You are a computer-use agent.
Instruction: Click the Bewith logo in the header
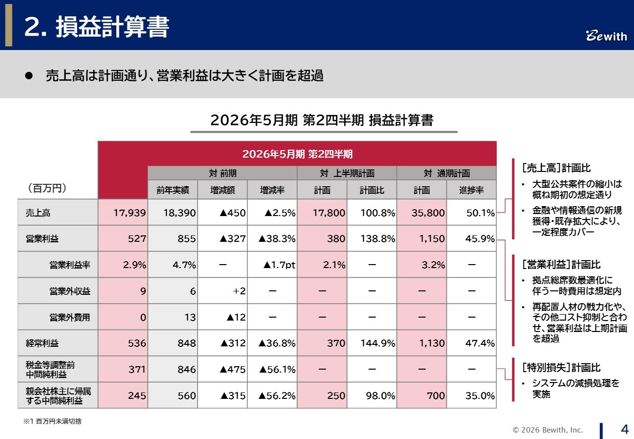pos(606,36)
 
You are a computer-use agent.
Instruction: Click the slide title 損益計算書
pos(97,27)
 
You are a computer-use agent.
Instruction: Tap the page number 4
pos(625,429)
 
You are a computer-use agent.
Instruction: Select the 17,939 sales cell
pos(123,213)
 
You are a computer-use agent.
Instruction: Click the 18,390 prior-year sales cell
pos(172,213)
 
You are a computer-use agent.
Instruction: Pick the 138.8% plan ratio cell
pos(371,239)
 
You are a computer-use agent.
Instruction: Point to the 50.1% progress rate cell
pos(472,213)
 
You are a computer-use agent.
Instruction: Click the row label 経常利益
pos(42,343)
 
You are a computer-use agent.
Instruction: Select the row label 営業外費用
pos(70,317)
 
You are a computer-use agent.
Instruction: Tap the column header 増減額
pos(222,190)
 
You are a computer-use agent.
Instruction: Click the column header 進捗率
pos(472,190)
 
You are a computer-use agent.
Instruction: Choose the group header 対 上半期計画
pos(347,173)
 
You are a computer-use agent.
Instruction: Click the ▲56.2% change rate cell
pos(272,395)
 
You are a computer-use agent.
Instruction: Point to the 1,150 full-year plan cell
pos(422,239)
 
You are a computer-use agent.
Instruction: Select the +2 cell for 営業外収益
pos(222,291)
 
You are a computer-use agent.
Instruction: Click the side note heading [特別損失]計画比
pos(561,368)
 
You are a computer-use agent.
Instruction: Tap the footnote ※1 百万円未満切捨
pos(53,422)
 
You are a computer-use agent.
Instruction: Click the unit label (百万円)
pos(47,188)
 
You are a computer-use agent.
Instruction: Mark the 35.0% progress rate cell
pos(472,395)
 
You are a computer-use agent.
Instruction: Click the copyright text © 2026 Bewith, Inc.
pos(548,430)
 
